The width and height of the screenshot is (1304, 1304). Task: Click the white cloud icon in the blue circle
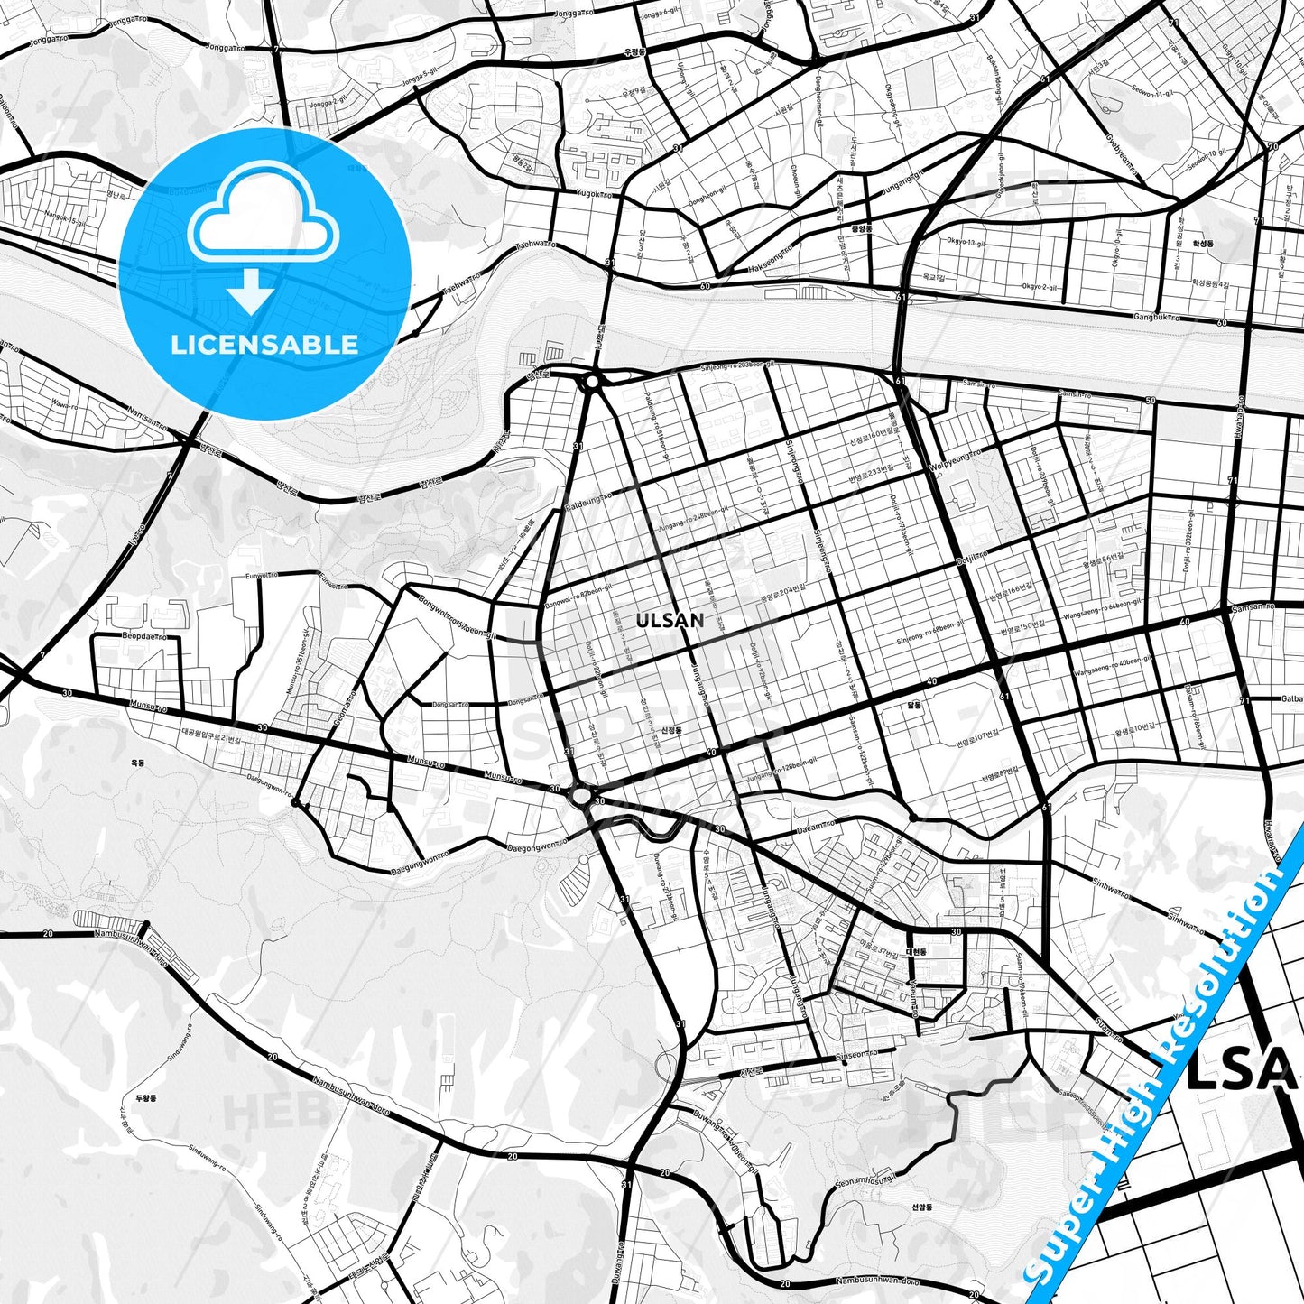point(263,219)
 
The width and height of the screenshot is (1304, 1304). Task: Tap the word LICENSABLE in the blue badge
point(264,344)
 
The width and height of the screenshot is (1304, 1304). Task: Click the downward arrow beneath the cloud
point(252,295)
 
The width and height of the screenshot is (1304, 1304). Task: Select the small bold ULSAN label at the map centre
point(670,621)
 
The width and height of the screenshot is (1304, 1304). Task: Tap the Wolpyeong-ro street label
point(953,458)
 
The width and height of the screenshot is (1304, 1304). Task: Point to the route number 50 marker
point(1149,400)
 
